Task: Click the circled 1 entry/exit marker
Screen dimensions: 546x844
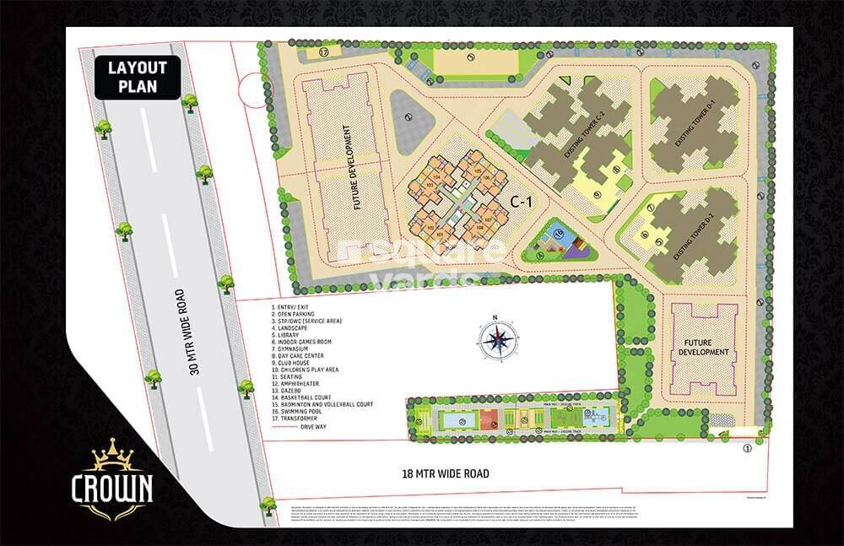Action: [x=746, y=450]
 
